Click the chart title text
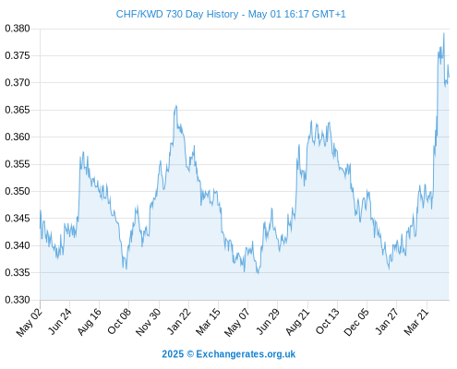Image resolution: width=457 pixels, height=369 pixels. pyautogui.click(x=231, y=14)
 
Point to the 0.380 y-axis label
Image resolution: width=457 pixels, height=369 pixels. pyautogui.click(x=18, y=29)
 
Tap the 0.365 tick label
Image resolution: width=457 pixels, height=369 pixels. pyautogui.click(x=18, y=110)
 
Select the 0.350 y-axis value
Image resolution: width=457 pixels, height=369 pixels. pyautogui.click(x=18, y=191)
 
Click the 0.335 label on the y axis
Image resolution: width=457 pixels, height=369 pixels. pyautogui.click(x=18, y=272)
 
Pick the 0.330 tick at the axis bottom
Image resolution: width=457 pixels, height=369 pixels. pyautogui.click(x=18, y=300)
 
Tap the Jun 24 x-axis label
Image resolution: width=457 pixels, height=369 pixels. pyautogui.click(x=60, y=321)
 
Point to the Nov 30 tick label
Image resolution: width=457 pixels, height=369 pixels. pyautogui.click(x=149, y=322)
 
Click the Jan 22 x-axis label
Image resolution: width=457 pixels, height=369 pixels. pyautogui.click(x=179, y=321)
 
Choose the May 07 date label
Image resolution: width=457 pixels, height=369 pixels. pyautogui.click(x=236, y=322)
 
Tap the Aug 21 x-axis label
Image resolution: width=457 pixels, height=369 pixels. pyautogui.click(x=297, y=322)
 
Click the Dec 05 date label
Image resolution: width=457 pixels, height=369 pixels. pyautogui.click(x=356, y=322)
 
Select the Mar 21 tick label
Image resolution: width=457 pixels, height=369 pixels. pyautogui.click(x=416, y=322)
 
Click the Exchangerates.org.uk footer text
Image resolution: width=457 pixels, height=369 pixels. pyautogui.click(x=246, y=354)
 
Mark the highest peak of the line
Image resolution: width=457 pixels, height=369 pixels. pyautogui.click(x=444, y=33)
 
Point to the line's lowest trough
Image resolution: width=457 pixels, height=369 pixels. pyautogui.click(x=258, y=273)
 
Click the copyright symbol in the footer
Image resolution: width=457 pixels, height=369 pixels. pyautogui.click(x=190, y=354)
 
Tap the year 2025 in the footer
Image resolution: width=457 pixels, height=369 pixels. pyautogui.click(x=173, y=354)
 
